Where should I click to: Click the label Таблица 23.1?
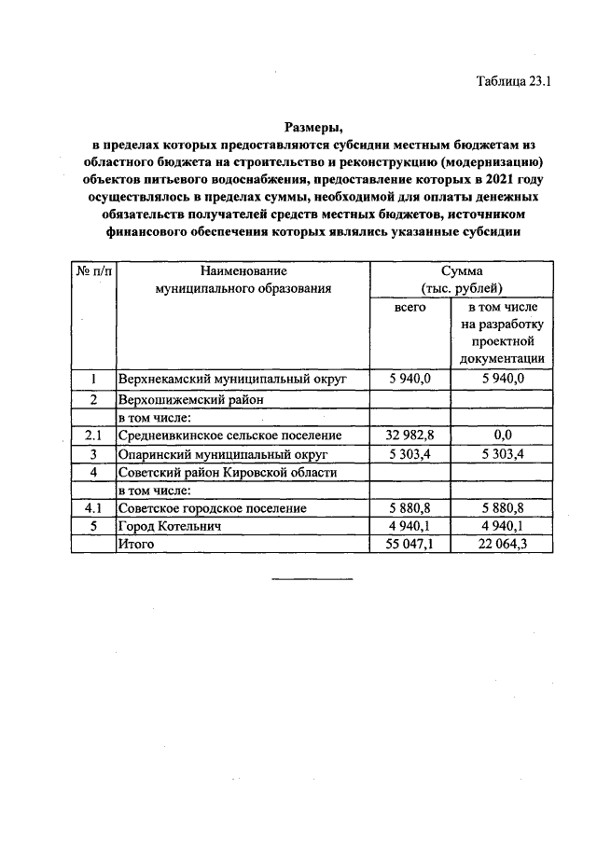click(x=515, y=80)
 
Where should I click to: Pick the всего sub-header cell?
click(x=410, y=306)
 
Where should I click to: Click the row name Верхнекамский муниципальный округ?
click(x=231, y=380)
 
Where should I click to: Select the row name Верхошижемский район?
click(x=191, y=399)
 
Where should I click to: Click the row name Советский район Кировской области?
click(x=227, y=472)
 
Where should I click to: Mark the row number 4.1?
click(x=93, y=508)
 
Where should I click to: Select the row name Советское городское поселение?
click(x=212, y=508)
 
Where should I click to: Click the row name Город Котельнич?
click(x=169, y=527)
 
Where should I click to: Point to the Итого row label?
click(x=135, y=545)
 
